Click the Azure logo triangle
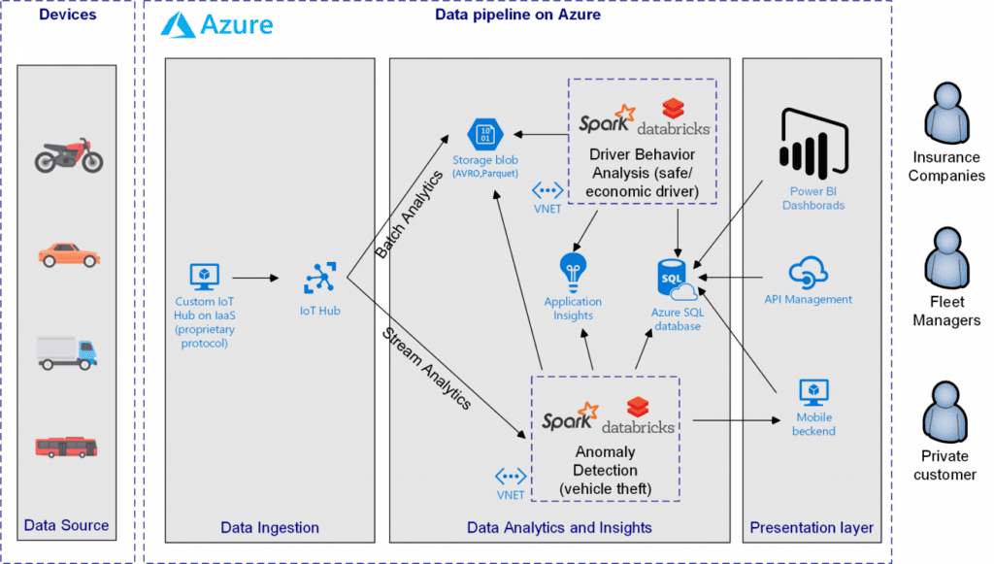(x=179, y=25)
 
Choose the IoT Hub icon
(x=319, y=279)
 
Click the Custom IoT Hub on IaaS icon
(x=204, y=277)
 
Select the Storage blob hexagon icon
(x=483, y=134)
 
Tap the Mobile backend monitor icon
(x=812, y=392)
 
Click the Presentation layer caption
(x=812, y=528)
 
